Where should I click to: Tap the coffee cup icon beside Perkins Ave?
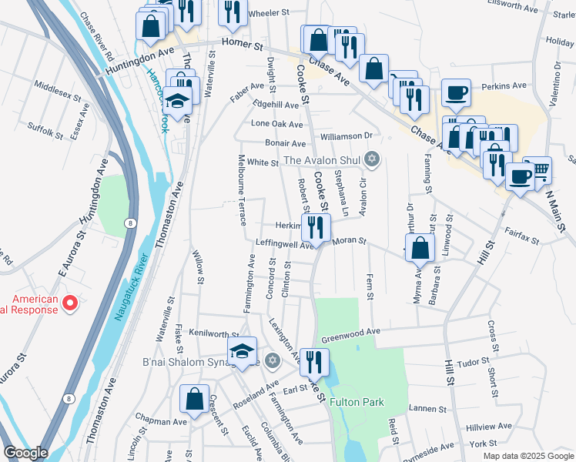tap(456, 93)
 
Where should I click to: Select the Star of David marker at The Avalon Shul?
tap(373, 160)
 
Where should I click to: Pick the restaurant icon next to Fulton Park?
tap(314, 361)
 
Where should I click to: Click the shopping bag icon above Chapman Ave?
tap(194, 399)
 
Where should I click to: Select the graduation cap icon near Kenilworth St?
tap(243, 353)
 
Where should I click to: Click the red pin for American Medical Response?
tap(70, 303)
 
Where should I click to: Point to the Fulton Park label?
tap(357, 402)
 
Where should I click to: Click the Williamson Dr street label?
tap(347, 136)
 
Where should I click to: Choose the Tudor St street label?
tap(474, 360)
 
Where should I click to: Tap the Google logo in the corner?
tap(25, 453)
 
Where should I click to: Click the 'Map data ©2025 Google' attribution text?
tap(527, 456)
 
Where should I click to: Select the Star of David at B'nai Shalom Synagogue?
tap(271, 360)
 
